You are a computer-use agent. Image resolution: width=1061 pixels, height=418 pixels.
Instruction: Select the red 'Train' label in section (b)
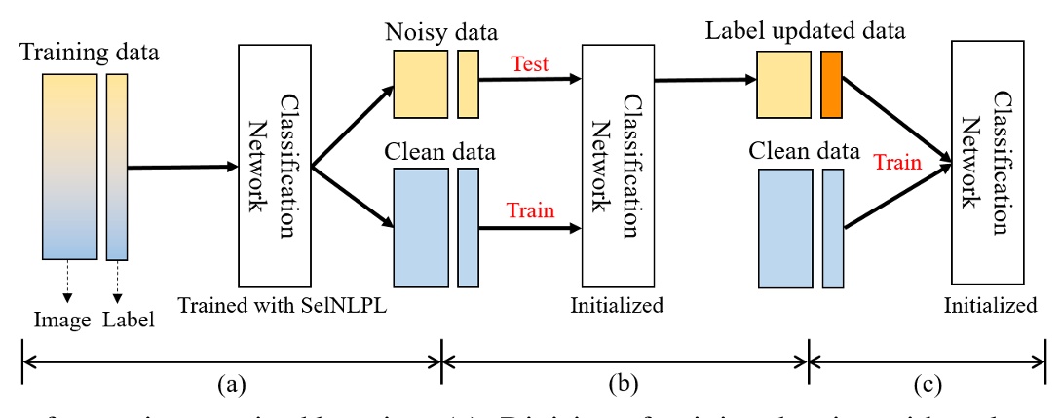tap(531, 210)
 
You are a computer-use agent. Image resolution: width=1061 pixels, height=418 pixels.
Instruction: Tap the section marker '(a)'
tap(231, 383)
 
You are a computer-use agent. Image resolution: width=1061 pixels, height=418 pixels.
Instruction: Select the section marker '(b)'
tap(625, 383)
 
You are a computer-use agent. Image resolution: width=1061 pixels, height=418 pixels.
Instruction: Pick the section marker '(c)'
tap(927, 383)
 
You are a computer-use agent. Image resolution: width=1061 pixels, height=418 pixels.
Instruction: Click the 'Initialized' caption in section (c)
tap(991, 305)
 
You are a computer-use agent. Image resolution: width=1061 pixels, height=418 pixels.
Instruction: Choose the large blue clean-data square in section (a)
tap(420, 226)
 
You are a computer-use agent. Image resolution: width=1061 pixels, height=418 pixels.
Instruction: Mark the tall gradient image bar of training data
tap(69, 167)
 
